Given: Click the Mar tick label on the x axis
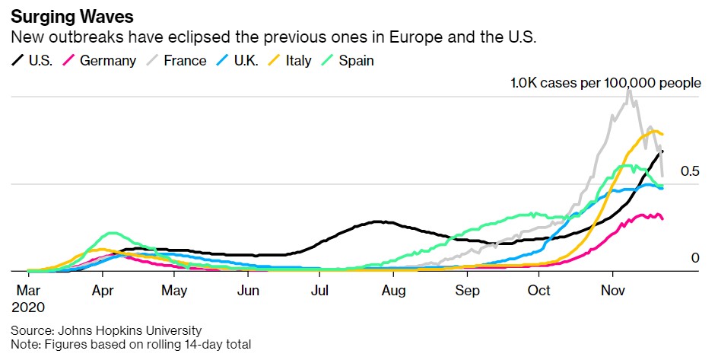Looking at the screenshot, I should [28, 291].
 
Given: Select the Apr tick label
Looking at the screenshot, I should [102, 291].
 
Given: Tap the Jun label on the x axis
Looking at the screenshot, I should [248, 291].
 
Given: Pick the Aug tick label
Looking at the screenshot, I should [393, 291].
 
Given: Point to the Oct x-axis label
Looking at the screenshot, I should [539, 291].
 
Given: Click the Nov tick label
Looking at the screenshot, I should [613, 291].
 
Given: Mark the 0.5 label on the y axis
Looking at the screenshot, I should [690, 171].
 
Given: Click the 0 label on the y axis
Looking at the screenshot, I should [694, 258].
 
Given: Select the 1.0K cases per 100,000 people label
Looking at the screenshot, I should [605, 83].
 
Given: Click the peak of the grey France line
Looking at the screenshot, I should [629, 89].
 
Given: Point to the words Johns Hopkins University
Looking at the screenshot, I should [129, 330].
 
